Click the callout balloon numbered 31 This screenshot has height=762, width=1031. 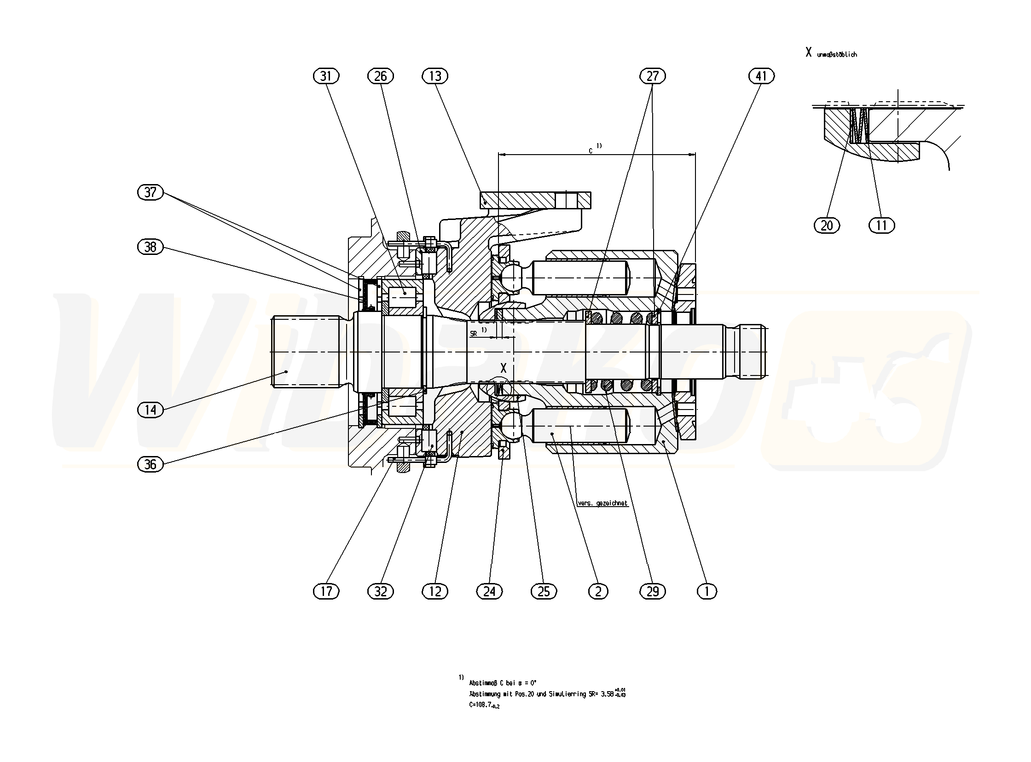(x=326, y=76)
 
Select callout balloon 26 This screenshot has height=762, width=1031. (x=381, y=76)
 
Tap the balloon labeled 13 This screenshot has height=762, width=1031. (x=435, y=76)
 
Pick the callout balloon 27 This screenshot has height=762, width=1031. (x=653, y=76)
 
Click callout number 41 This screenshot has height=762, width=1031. (x=761, y=76)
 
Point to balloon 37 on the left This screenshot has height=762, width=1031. (x=151, y=192)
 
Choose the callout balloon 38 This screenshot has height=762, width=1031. (x=151, y=247)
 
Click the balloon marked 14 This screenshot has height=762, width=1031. (x=151, y=410)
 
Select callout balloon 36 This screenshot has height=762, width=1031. (x=151, y=464)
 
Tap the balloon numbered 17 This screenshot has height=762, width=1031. (x=326, y=591)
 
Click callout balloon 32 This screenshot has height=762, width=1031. (x=381, y=591)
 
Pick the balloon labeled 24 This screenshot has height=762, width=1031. (x=489, y=591)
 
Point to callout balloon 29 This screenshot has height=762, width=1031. (x=653, y=591)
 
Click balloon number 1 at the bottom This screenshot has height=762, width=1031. (x=707, y=591)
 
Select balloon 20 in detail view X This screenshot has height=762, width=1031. (x=827, y=225)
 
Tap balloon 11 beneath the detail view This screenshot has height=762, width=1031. (x=881, y=225)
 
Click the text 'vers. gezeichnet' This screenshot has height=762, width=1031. (x=602, y=503)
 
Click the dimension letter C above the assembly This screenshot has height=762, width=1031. (x=591, y=150)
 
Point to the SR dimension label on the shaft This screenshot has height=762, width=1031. (x=473, y=334)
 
